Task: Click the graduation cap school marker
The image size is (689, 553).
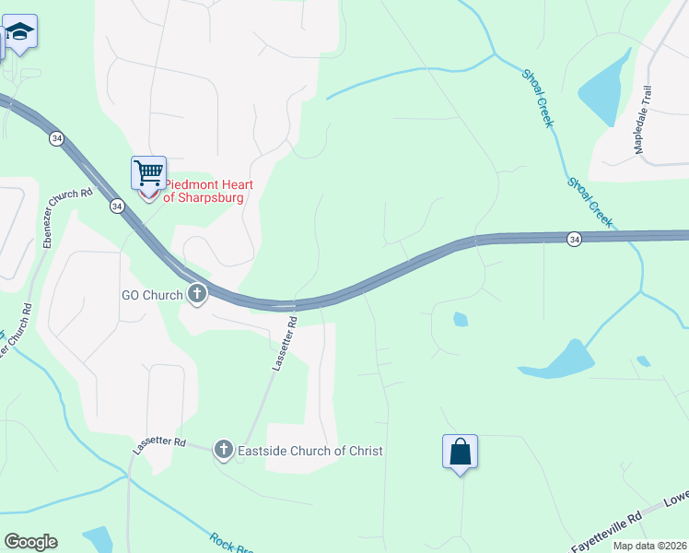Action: pos(19,31)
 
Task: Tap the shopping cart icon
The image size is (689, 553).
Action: pos(148,171)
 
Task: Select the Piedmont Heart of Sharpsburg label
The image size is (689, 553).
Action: pos(208,190)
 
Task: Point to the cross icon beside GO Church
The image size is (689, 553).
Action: pos(196,295)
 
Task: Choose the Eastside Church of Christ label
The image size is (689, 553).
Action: pos(310,451)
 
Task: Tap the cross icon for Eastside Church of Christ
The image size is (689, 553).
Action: pos(223,450)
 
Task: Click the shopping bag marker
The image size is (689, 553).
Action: pos(460,452)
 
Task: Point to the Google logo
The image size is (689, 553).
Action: pos(30,542)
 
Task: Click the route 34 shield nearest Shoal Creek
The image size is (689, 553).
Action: pos(574,240)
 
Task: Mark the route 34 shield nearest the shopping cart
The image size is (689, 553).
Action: pos(116,206)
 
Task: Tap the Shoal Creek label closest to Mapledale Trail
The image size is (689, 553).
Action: pos(538,98)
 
